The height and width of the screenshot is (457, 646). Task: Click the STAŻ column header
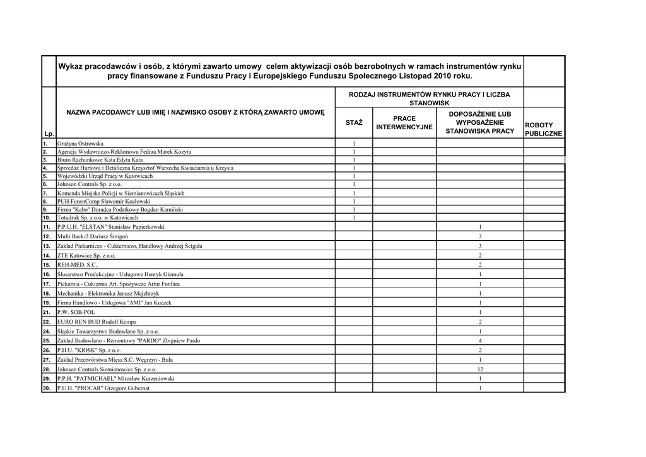click(354, 122)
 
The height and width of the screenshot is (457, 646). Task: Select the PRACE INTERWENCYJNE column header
click(404, 122)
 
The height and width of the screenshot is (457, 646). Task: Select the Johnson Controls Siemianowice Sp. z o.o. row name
click(107, 369)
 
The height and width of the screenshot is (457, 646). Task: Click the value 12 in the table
click(480, 369)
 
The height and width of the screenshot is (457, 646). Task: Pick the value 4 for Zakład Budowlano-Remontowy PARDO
click(480, 340)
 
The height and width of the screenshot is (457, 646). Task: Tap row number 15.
click(47, 265)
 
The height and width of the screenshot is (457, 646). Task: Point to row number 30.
click(47, 388)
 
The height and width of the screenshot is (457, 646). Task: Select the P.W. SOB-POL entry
click(76, 312)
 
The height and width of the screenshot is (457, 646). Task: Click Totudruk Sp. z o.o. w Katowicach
click(97, 217)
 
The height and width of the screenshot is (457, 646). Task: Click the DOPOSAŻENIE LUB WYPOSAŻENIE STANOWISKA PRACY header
click(480, 122)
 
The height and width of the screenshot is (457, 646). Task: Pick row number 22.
click(47, 321)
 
